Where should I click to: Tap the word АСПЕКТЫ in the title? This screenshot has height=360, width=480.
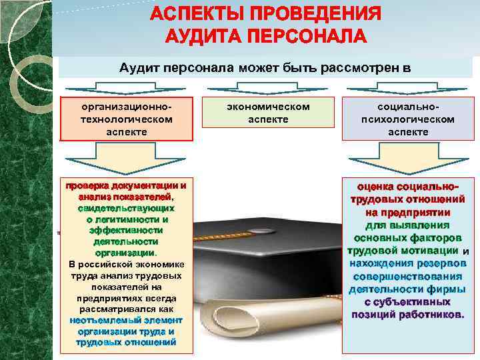(199, 14)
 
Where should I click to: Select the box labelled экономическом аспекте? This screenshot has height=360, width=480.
(268, 113)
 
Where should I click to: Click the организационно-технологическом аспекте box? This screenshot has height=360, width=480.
(126, 119)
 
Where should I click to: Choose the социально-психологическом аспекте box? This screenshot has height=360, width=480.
(407, 119)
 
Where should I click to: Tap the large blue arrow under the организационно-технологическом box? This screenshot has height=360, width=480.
(126, 160)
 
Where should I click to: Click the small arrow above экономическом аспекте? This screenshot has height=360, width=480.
(267, 89)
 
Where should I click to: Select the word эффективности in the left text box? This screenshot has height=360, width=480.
(126, 230)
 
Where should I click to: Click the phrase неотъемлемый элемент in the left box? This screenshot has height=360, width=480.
(126, 320)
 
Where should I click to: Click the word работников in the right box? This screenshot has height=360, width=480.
(431, 313)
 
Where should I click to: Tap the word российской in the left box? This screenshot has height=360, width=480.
(113, 265)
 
